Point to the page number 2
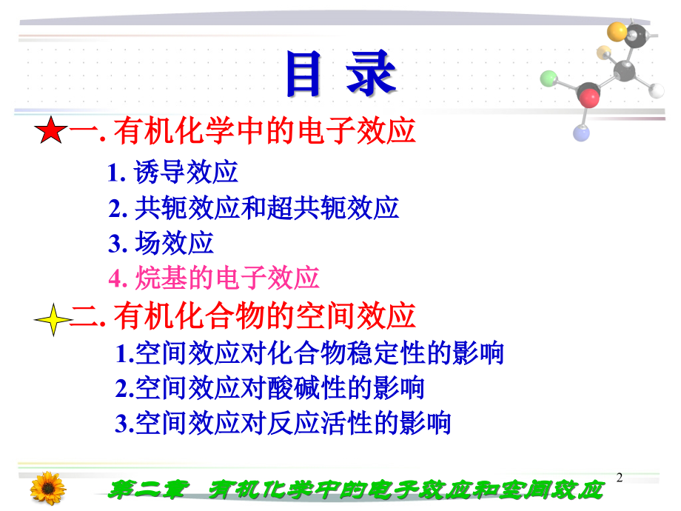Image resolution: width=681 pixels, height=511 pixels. tap(620, 478)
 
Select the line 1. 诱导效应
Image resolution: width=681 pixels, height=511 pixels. tap(173, 173)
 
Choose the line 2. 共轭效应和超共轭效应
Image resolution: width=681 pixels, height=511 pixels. tap(254, 208)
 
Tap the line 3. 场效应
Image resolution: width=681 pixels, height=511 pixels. tap(161, 243)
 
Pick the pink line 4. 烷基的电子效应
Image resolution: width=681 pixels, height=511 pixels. tap(214, 278)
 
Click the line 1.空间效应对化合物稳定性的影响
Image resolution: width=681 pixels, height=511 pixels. tap(309, 353)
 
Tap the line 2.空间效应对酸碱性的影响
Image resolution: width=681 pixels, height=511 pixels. tap(269, 388)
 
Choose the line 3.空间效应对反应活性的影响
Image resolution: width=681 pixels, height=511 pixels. tap(283, 424)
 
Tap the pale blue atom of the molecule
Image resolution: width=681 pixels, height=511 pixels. tap(581, 133)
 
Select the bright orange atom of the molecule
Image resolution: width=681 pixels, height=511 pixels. tap(617, 30)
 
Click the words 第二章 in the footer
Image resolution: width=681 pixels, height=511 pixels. tap(145, 490)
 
